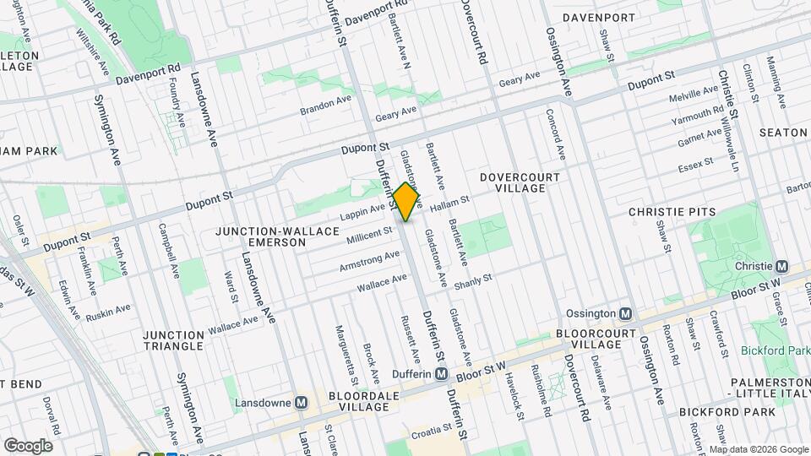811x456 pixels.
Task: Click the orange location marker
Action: click(406, 202)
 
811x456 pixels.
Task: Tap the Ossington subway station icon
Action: click(625, 313)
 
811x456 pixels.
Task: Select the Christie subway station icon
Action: click(781, 266)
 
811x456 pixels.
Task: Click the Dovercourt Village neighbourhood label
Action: click(513, 182)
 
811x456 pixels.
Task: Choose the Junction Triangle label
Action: click(173, 340)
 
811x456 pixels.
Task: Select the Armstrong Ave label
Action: click(369, 260)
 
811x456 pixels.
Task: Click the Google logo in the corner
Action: click(28, 446)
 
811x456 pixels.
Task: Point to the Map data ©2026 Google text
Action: click(758, 450)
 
